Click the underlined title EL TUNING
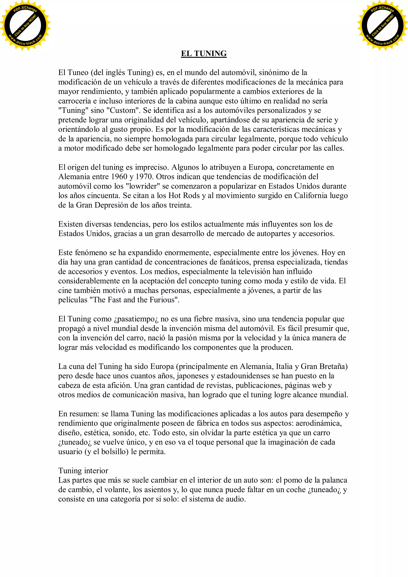[x=204, y=54]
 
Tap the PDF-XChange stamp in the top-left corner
[x=25, y=25]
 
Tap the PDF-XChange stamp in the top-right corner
[x=382, y=25]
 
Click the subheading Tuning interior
[x=83, y=470]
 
